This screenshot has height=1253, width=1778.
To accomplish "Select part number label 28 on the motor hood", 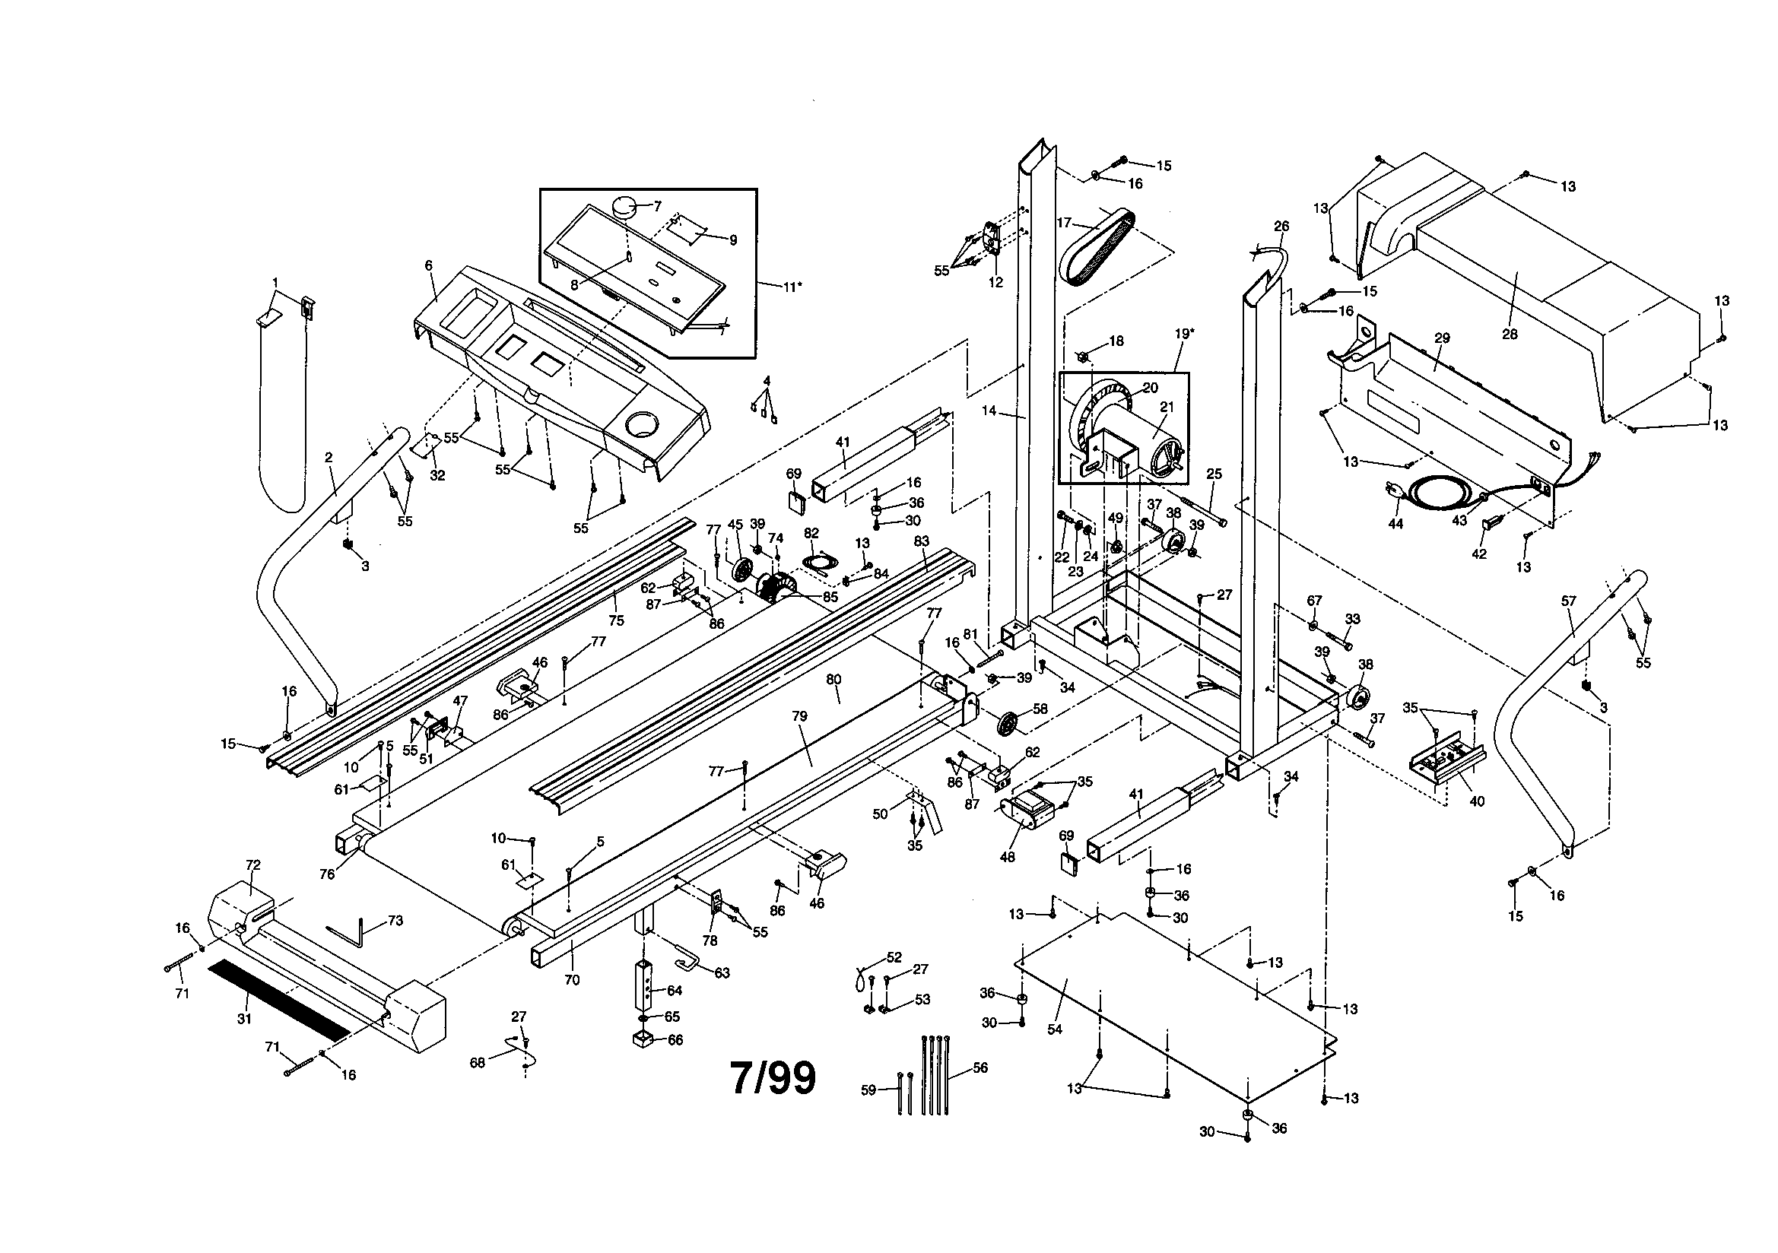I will (1510, 334).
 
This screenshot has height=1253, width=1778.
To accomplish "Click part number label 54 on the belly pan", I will (1054, 1029).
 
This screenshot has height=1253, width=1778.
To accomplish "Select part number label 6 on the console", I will (428, 265).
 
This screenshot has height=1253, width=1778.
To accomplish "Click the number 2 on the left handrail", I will (329, 458).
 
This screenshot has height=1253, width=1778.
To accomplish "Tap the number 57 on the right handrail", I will (1568, 600).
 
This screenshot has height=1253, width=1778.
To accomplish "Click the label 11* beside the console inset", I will (792, 287).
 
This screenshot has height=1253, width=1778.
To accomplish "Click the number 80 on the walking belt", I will (833, 679).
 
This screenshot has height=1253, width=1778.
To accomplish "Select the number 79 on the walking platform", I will (799, 716).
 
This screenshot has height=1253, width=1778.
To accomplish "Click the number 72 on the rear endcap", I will (253, 865).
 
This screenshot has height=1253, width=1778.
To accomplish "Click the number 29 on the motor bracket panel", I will (1441, 338).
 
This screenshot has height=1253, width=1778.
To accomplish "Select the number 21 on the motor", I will (1167, 408).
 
